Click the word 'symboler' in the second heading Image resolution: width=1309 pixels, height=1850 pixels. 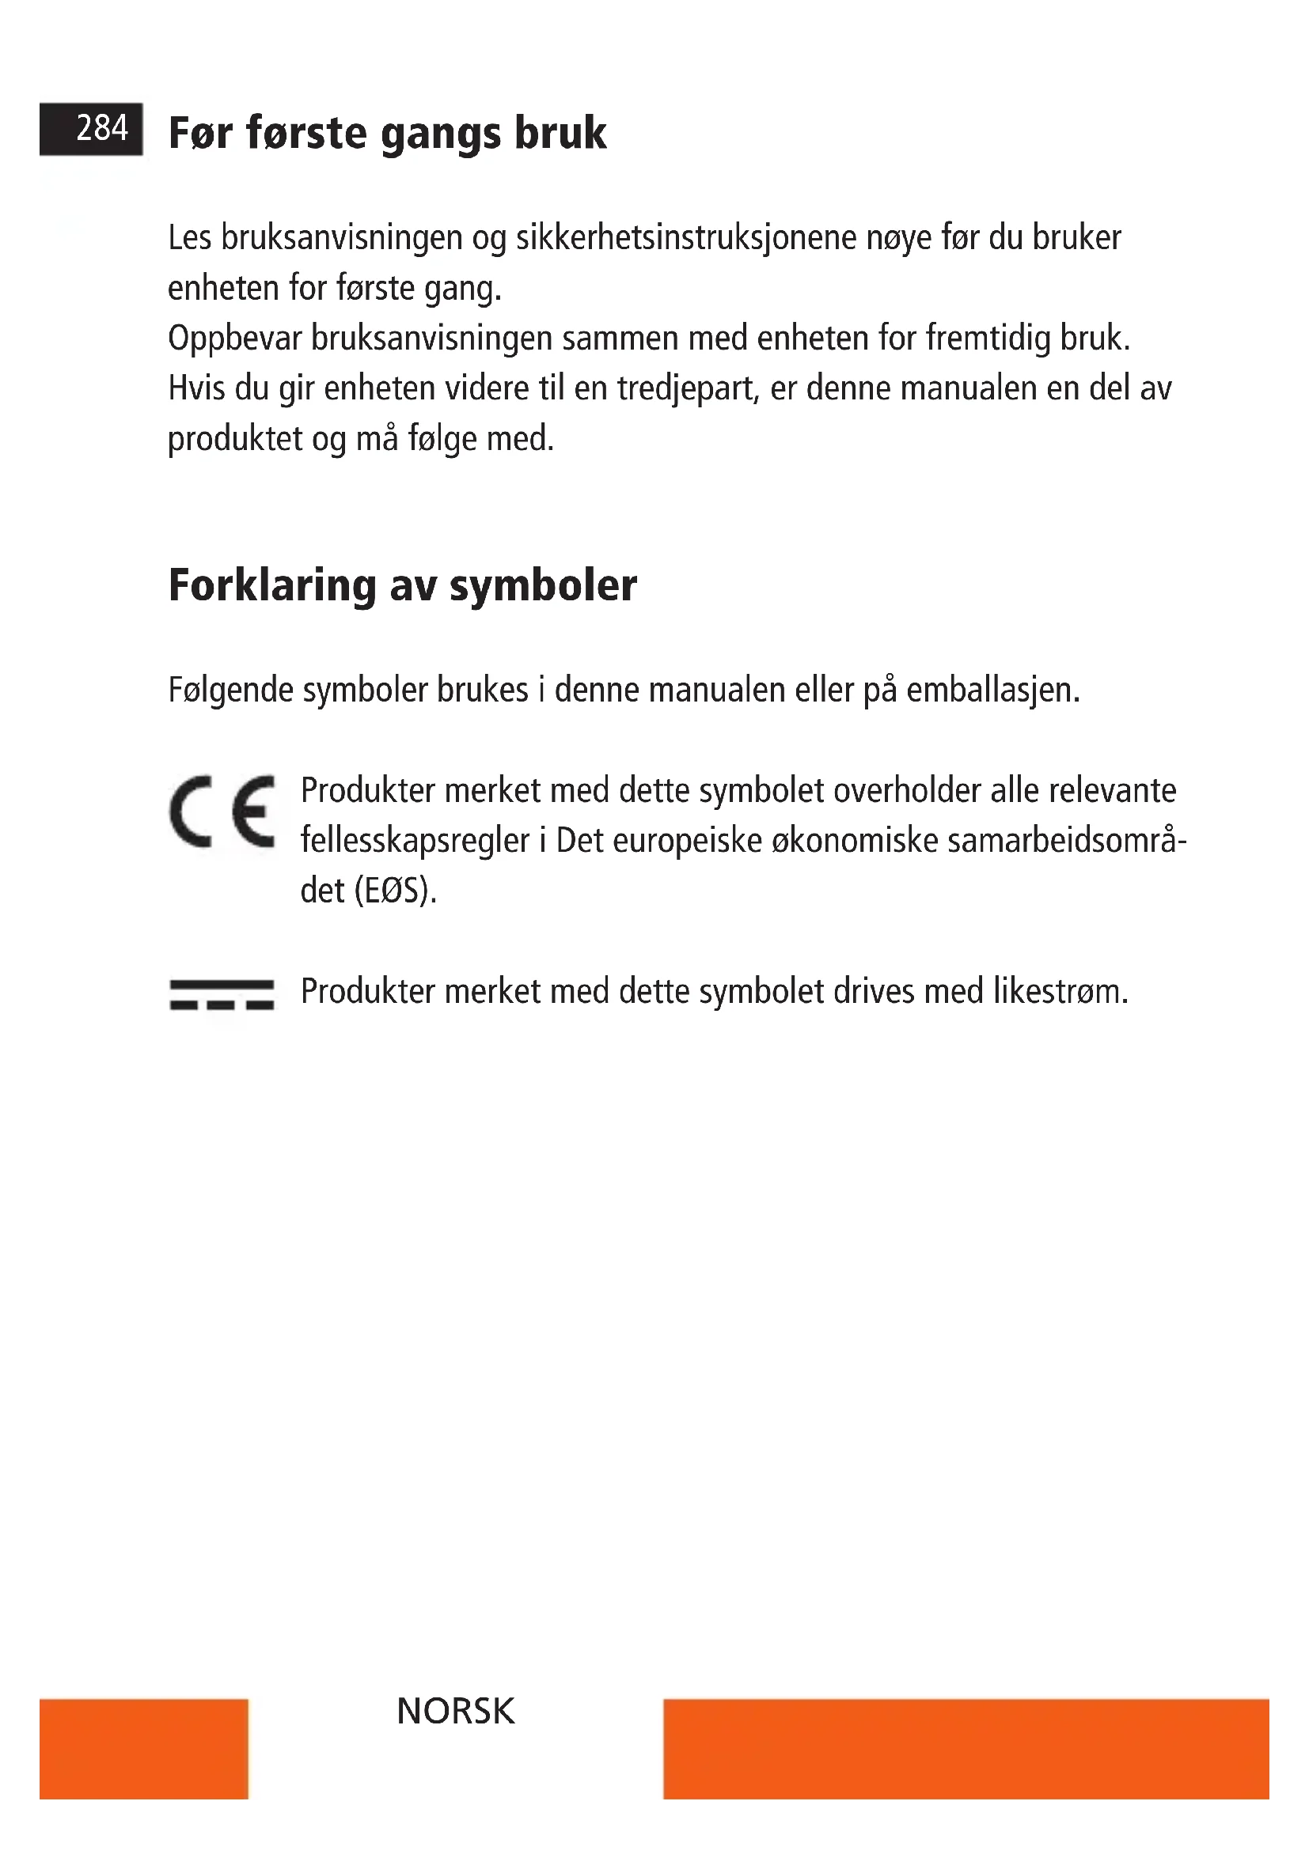(x=542, y=587)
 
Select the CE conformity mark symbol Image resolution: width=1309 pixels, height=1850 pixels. (x=222, y=812)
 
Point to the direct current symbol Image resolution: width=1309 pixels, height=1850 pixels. (x=222, y=995)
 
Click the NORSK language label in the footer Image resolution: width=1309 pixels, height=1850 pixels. (x=455, y=1712)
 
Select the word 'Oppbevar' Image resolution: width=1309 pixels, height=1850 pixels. (x=234, y=339)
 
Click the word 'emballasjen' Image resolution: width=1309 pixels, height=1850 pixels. (x=992, y=691)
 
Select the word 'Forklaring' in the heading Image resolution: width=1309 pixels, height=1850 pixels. (x=271, y=587)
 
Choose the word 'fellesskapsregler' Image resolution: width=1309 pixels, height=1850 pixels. (x=415, y=842)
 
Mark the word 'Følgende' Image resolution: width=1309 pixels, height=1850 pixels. (x=230, y=691)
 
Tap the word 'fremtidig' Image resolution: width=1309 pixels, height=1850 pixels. (x=988, y=339)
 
